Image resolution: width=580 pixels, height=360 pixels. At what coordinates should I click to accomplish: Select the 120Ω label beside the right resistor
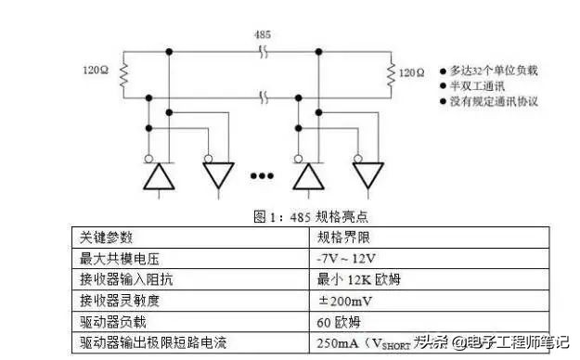click(411, 71)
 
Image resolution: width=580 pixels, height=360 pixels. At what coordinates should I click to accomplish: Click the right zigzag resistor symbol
click(388, 71)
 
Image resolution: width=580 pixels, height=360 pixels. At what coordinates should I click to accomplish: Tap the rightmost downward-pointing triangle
click(367, 174)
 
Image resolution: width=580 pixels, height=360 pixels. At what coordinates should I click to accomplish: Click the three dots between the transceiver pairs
click(263, 175)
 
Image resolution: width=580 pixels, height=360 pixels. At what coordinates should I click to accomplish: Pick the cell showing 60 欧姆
click(340, 322)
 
